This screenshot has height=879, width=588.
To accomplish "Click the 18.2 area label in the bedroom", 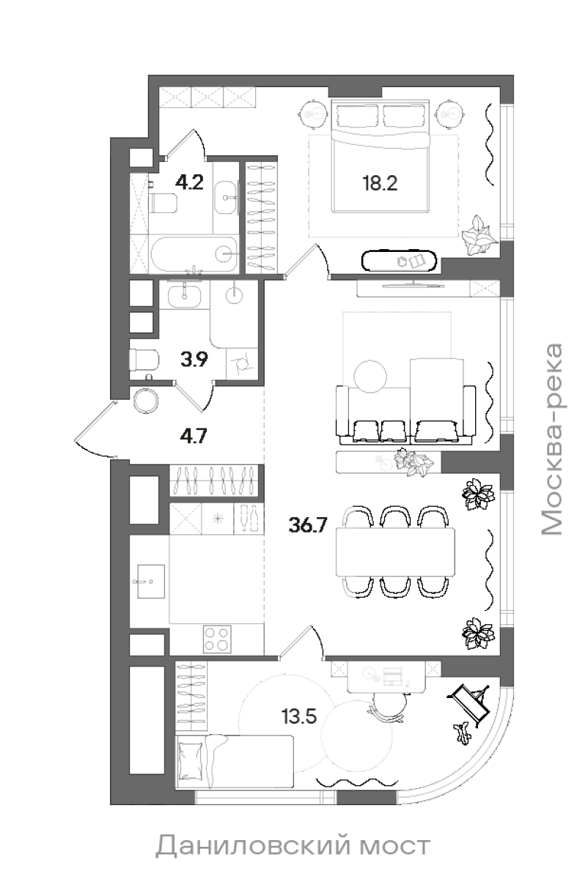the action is click(380, 183).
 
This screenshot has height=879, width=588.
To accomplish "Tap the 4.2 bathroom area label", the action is click(189, 182).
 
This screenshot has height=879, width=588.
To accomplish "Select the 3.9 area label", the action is click(194, 359).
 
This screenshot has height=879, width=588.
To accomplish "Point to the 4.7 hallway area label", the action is click(194, 436).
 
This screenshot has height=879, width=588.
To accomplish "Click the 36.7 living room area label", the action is click(308, 524).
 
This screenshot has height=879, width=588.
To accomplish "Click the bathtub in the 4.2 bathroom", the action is click(194, 255).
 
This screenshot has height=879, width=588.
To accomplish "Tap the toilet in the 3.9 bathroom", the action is click(144, 360).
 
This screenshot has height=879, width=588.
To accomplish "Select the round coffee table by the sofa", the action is click(370, 377).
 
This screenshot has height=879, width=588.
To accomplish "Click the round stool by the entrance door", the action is click(147, 401).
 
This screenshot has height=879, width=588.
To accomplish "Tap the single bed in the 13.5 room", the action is click(235, 762).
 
